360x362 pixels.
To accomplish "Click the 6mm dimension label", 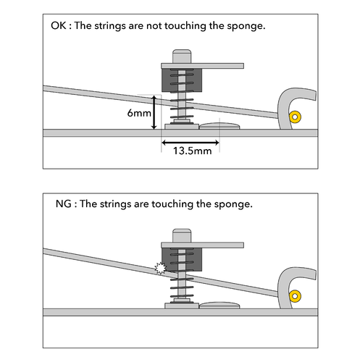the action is point(139,113).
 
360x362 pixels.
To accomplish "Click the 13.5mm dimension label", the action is point(192,151).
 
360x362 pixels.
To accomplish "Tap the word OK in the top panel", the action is point(58,25).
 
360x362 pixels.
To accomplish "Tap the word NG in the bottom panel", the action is point(63,204).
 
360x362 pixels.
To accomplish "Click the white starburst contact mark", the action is point(161,268).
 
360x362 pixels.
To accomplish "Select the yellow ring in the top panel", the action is point(295,117).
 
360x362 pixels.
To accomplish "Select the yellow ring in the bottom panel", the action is point(295,296).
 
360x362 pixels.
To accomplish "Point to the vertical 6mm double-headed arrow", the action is point(154,112).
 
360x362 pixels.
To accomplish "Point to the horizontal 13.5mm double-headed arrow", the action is point(191,143).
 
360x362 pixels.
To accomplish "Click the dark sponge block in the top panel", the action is point(182,80).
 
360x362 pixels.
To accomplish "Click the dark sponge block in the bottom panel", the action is point(182,260).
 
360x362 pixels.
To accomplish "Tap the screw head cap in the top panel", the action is point(182,56).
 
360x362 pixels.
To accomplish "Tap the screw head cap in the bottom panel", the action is point(182,236).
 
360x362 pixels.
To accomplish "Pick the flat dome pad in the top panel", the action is point(219,126).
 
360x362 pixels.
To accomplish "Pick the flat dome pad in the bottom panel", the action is point(219,306).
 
